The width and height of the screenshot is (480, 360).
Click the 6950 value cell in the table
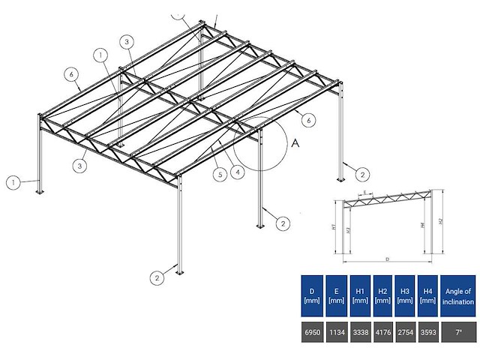tap(311, 331)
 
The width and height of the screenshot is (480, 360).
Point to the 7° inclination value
tap(458, 331)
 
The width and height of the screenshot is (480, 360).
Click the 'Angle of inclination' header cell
tap(458, 295)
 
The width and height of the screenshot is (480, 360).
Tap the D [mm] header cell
tap(311, 295)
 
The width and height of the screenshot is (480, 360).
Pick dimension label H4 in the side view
tap(424, 224)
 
